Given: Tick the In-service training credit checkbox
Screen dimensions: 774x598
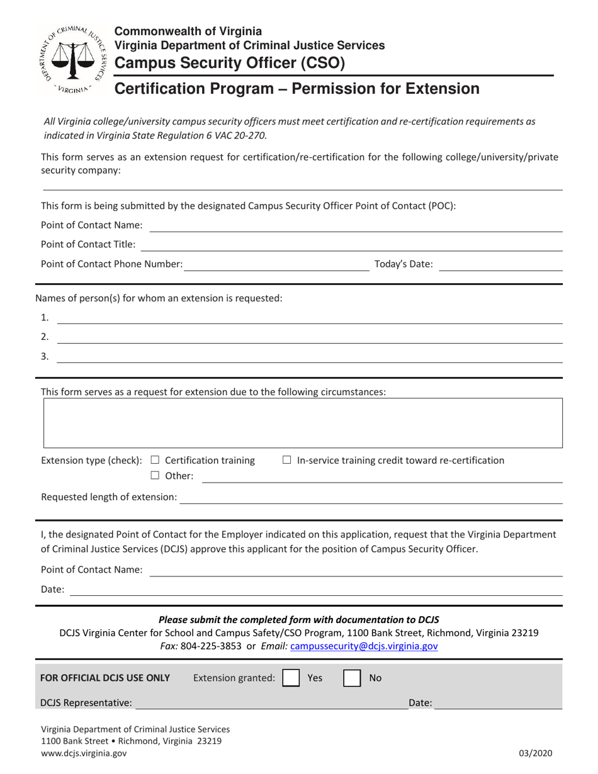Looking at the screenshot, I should pos(286,460).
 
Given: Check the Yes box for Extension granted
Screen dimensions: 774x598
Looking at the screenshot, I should pos(291,678).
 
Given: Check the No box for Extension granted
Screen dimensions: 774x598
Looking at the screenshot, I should pos(352,678).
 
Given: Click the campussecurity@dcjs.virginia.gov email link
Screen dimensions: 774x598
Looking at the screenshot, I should pos(364,646).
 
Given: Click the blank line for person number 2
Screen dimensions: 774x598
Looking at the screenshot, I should pos(308,340).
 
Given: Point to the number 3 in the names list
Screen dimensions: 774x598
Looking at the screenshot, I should pos(45,356).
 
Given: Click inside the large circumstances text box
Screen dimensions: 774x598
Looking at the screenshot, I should pos(302,422).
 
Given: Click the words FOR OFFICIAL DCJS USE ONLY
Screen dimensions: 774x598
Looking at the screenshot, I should pos(105,678).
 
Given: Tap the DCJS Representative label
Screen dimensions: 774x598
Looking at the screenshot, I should pos(86,703).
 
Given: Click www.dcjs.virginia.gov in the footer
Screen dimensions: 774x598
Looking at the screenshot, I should pos(84,753).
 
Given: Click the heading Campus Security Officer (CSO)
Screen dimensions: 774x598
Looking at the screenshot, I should pos(229,62).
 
